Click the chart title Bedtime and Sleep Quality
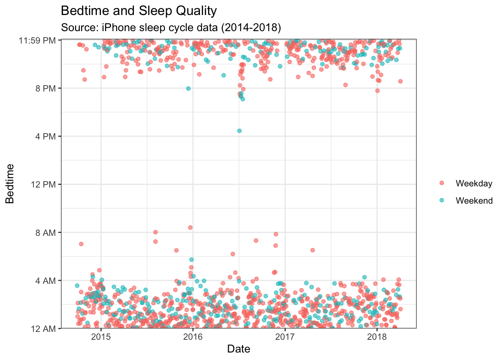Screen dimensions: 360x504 [139, 11]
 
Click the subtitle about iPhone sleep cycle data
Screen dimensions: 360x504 [171, 27]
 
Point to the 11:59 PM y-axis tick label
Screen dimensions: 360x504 [37, 40]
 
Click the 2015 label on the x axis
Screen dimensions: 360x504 [100, 336]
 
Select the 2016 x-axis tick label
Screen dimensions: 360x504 [193, 336]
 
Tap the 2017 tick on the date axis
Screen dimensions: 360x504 [285, 336]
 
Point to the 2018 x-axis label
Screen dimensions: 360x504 [377, 336]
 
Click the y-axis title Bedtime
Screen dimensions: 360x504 [10, 184]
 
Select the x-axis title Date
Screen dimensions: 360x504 [238, 349]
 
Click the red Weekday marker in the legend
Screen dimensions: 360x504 [441, 183]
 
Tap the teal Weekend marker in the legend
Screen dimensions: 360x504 [441, 200]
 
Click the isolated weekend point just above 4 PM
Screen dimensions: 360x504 [239, 130]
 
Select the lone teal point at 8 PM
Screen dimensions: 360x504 [188, 88]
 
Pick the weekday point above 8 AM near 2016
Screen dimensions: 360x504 [190, 227]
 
